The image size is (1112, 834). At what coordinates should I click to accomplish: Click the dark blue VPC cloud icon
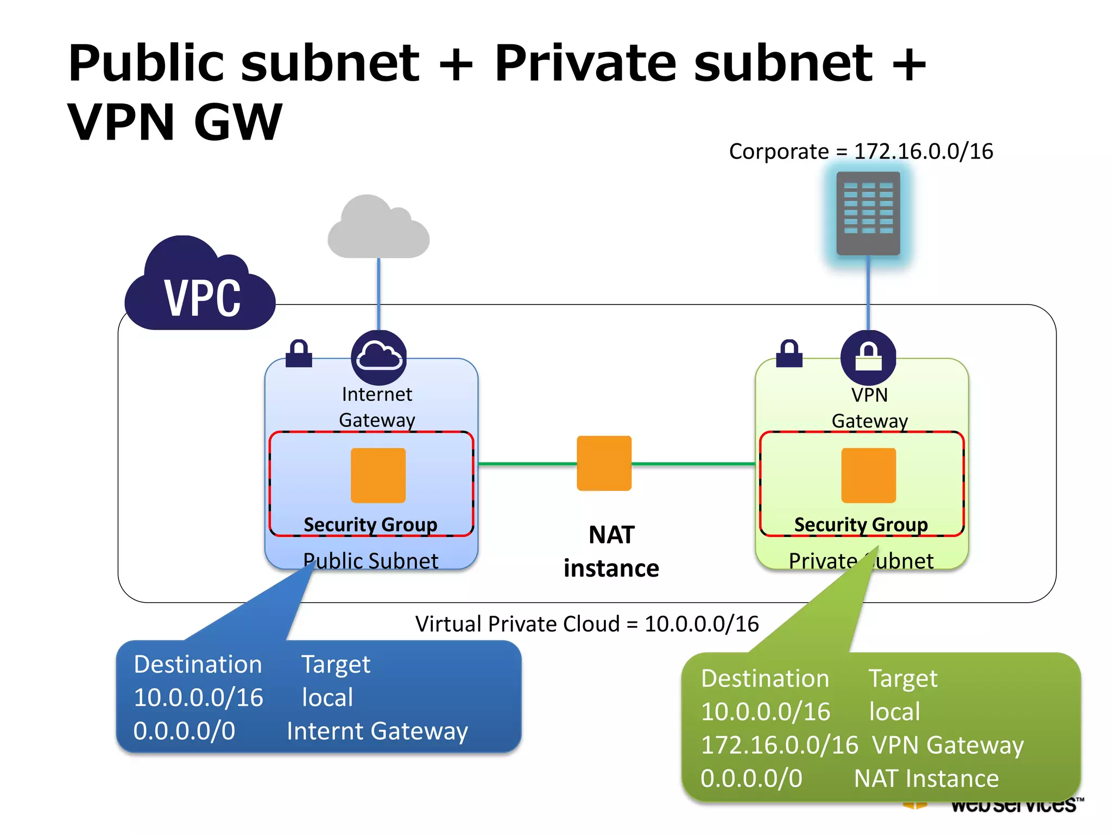(200, 288)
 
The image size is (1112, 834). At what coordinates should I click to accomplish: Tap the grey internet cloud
(378, 231)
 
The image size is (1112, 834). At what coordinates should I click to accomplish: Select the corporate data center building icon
(868, 213)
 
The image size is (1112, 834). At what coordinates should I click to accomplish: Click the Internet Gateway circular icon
(378, 357)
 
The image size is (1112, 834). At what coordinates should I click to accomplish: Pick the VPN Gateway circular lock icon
(868, 357)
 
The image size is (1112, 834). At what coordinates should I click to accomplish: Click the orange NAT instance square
(604, 463)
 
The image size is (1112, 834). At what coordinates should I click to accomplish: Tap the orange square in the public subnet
(378, 475)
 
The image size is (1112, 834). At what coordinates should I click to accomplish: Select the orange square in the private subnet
(868, 475)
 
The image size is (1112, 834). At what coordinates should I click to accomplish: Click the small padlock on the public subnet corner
(299, 354)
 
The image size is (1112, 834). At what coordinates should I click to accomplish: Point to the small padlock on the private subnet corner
(789, 354)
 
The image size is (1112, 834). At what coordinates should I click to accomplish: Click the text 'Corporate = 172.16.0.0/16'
(861, 151)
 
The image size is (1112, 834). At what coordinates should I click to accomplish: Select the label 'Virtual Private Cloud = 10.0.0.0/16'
(586, 624)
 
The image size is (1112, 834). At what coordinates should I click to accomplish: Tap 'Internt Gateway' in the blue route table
(377, 731)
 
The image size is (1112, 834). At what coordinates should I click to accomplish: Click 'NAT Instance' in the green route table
(926, 778)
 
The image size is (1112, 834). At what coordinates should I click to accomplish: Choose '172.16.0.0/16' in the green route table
(779, 745)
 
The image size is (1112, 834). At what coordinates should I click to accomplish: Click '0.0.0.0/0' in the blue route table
(184, 731)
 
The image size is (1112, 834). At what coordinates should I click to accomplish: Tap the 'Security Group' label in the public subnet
(370, 525)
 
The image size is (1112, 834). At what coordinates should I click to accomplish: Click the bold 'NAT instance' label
(611, 552)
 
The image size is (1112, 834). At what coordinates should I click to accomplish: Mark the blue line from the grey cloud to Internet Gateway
(378, 293)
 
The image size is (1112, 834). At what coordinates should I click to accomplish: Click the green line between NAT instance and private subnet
(693, 464)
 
